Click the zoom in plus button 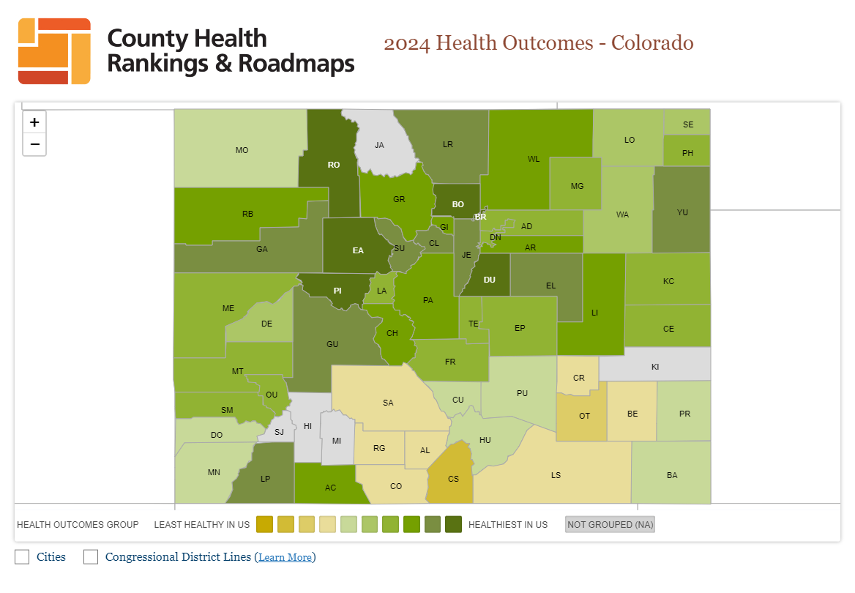pos(34,122)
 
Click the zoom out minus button pos(34,144)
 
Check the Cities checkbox pos(22,557)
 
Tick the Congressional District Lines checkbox pos(91,557)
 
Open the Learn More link pos(285,558)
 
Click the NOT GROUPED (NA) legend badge pos(610,524)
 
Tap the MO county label pos(242,150)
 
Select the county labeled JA pos(379,145)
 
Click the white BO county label pos(458,204)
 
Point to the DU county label pos(490,280)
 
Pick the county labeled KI pos(655,367)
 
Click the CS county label pos(453,479)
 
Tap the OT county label pos(584,416)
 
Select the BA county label pos(672,475)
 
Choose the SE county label pos(688,124)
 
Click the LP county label pos(265,479)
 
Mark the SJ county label pos(279,432)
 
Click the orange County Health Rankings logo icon pos(54,51)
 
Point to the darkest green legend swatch pos(454,524)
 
